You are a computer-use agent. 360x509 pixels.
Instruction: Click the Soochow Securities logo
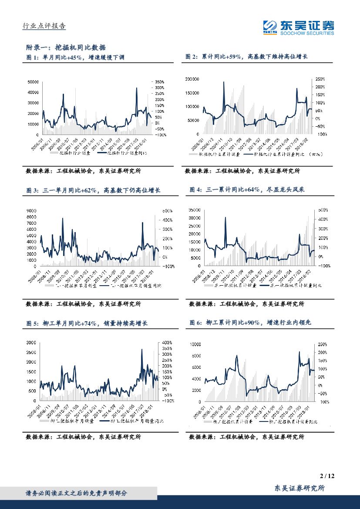click(299, 27)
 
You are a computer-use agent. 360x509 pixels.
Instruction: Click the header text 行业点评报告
click(44, 26)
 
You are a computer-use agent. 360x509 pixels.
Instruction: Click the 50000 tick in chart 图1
click(34, 82)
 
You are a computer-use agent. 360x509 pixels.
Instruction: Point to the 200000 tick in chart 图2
click(192, 79)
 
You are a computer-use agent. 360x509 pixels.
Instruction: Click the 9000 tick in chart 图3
click(33, 211)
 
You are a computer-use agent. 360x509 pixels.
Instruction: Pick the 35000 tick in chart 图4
click(194, 210)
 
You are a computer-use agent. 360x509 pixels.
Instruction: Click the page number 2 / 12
click(326, 476)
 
